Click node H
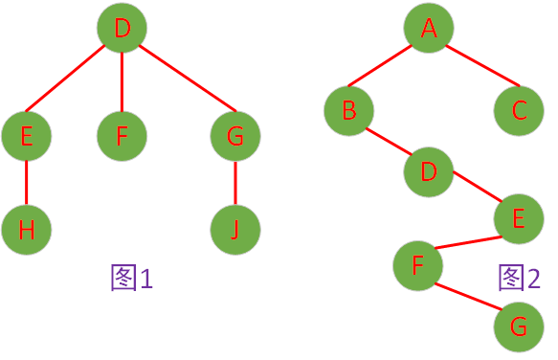[x=26, y=230]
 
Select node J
[x=235, y=230]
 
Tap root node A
[x=428, y=30]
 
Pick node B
[x=348, y=111]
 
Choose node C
[x=519, y=111]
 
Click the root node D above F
[x=123, y=30]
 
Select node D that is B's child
[x=428, y=172]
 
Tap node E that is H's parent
[x=26, y=136]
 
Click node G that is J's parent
[x=235, y=136]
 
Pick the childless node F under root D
[x=122, y=136]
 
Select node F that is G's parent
[x=417, y=266]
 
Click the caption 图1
[x=132, y=278]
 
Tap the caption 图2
[x=520, y=278]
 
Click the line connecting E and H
[x=26, y=183]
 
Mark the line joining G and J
[x=235, y=183]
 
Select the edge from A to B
[x=386, y=69]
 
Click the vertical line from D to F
[x=123, y=81]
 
